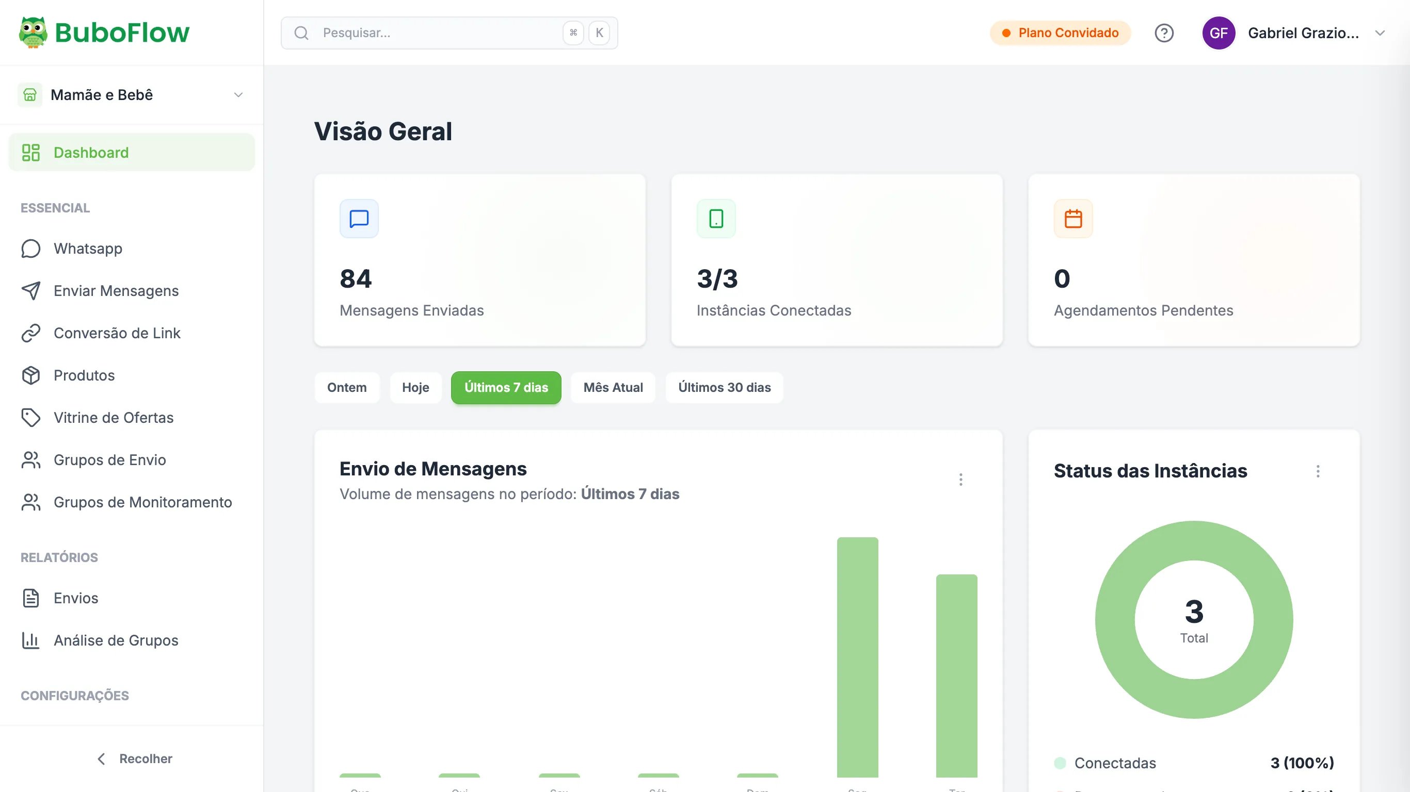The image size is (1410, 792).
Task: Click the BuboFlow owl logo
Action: (33, 32)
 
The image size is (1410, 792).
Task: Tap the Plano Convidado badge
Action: (1060, 33)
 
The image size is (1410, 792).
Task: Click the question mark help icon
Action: (1164, 34)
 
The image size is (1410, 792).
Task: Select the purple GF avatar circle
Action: (1219, 33)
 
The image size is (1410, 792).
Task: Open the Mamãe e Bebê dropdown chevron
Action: (238, 95)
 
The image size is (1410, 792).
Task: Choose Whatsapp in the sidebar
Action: (88, 249)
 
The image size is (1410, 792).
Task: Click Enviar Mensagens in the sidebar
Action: (116, 290)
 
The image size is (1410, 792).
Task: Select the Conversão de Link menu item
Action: (117, 333)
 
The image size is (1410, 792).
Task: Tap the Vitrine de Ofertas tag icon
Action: (30, 417)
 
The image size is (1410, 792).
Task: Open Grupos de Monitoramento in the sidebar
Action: (142, 502)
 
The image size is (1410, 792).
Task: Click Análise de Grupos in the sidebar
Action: (116, 640)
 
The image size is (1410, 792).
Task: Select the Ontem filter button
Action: (346, 387)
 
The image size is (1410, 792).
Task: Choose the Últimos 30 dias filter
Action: (724, 387)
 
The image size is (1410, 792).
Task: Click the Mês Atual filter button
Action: (613, 387)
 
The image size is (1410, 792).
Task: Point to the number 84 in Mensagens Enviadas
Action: (356, 278)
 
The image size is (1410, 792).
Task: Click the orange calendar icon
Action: (1073, 219)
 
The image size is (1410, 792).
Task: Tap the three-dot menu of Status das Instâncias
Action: (1318, 471)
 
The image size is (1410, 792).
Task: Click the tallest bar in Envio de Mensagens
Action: (857, 656)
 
